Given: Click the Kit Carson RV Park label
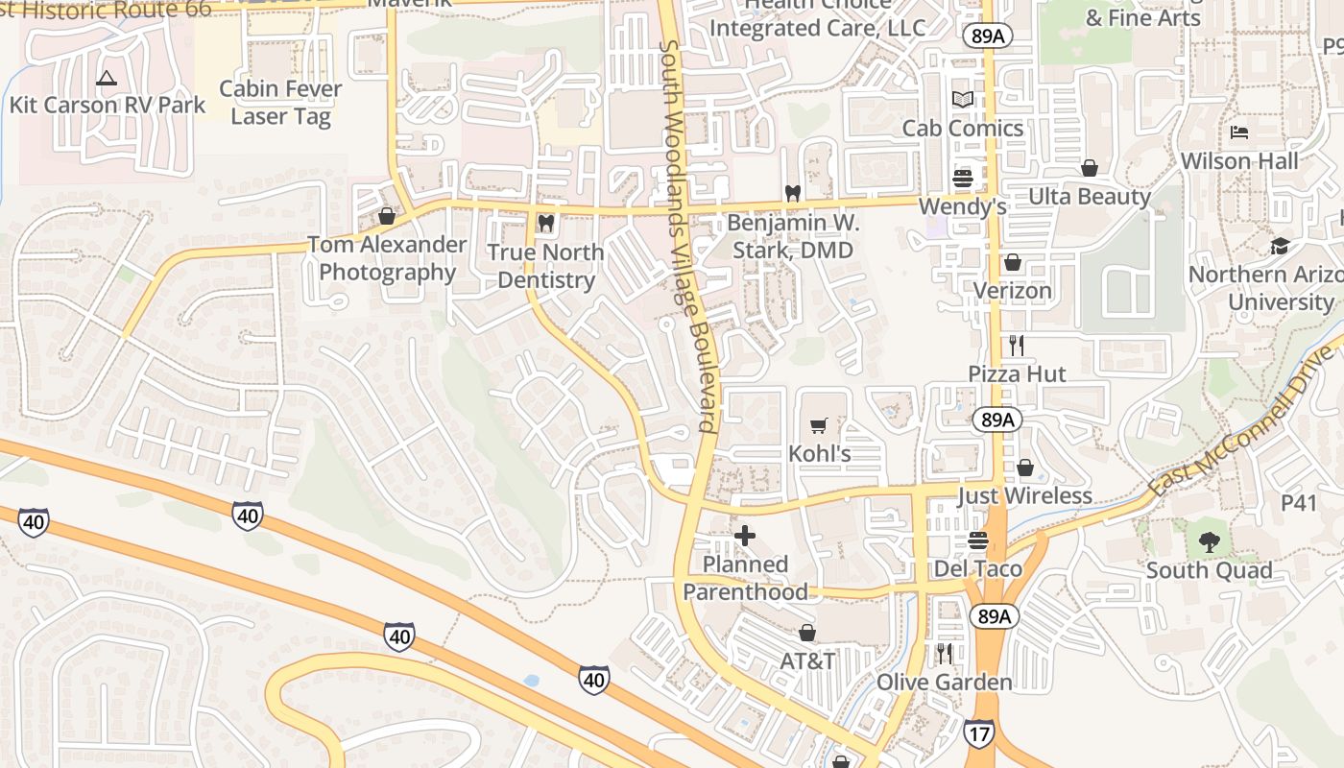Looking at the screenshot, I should coord(108,105).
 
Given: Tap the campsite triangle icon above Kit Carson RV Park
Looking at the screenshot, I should coord(107,78).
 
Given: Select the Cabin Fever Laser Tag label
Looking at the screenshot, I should coord(280,103).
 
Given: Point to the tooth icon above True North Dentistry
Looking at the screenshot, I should coord(545,224).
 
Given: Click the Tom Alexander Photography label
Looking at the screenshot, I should coord(387,258).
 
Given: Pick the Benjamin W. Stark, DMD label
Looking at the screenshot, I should coord(793,236).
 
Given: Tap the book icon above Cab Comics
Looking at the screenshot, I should coord(962,99).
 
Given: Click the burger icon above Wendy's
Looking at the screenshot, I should coord(962,178).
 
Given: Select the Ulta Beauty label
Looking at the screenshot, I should coord(1089,197).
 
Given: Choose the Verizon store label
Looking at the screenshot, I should coord(1012,290).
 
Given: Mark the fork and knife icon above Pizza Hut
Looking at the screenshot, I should coord(1016,346).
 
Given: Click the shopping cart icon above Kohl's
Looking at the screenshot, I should coord(819,425).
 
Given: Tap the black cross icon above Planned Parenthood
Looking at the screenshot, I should coord(745,536).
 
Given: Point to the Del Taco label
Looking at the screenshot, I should coord(977,568).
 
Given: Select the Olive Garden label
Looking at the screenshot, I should coord(944,683).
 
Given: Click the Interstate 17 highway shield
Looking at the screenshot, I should coord(978,733).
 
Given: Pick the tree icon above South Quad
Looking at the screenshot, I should coord(1209,542).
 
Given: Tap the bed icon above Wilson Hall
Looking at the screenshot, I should coord(1239,132).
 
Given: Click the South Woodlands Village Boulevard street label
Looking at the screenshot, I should coord(689,236).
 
